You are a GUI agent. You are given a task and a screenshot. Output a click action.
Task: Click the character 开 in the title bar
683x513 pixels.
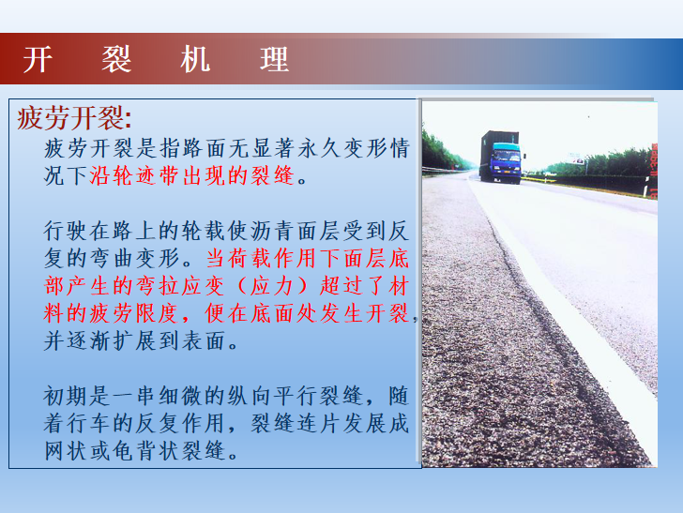pos(38,59)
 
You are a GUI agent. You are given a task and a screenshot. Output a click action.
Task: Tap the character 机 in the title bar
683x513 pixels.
pos(195,59)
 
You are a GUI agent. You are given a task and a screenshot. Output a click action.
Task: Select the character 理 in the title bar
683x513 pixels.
pos(274,59)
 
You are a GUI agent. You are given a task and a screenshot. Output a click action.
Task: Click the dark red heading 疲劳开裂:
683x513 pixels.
pos(74,117)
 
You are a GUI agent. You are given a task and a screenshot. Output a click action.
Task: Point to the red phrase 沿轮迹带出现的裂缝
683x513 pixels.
pos(192,175)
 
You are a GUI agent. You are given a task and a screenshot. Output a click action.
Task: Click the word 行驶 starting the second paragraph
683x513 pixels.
pos(67,231)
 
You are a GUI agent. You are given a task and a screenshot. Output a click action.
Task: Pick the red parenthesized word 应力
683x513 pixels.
pos(271,286)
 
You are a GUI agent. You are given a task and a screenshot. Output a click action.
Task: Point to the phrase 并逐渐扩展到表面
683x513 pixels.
pos(135,341)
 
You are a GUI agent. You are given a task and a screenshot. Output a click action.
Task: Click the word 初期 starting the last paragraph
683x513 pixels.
pos(67,396)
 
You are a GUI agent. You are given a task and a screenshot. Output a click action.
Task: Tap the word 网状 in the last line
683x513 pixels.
pos(67,451)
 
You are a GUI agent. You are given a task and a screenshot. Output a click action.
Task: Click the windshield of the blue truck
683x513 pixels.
pos(507,156)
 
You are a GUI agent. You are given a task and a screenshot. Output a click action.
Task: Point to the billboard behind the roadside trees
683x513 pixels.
pos(577,158)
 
